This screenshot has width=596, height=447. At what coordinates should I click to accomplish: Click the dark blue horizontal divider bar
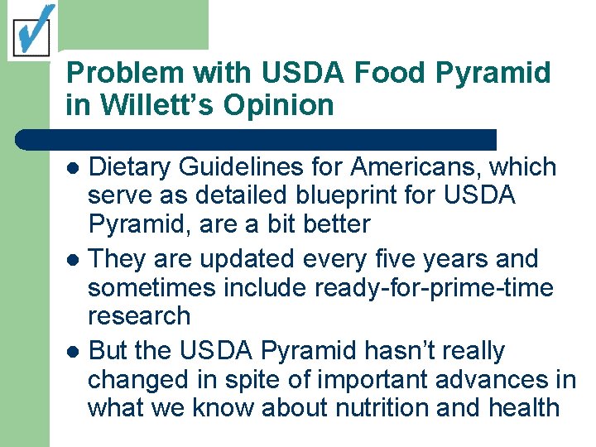click(x=257, y=138)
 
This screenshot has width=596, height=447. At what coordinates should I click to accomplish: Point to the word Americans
click(x=416, y=167)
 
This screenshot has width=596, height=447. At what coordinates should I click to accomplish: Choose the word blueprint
click(x=356, y=196)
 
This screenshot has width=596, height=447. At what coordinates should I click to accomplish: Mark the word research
click(x=139, y=315)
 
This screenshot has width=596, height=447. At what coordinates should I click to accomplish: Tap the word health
click(x=521, y=407)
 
